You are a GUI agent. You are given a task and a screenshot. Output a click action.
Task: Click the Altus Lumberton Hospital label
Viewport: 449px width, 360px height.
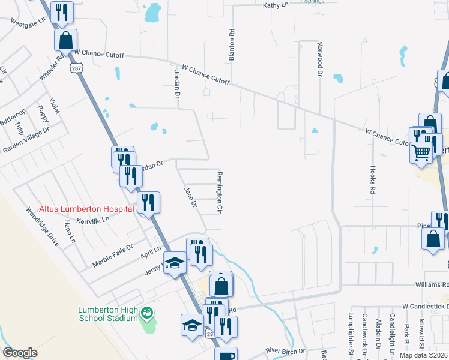[x=86, y=209]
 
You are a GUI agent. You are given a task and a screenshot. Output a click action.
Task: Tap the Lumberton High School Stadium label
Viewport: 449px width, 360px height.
[x=108, y=314]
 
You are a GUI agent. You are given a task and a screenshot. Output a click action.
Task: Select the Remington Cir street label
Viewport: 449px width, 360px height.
[x=220, y=193]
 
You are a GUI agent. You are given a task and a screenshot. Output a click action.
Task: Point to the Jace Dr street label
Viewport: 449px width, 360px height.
[x=190, y=196]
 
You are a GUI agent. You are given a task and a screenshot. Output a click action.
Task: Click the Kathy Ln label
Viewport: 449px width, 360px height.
[x=276, y=5]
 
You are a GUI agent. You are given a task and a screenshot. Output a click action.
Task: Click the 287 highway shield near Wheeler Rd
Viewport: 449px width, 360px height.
[x=76, y=68]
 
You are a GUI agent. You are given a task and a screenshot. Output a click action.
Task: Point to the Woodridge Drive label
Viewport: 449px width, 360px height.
[x=43, y=227]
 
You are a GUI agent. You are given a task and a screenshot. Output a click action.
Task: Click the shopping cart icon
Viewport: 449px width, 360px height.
[x=421, y=153]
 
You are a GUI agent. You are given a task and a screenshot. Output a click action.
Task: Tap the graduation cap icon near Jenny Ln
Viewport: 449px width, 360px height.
[x=175, y=263]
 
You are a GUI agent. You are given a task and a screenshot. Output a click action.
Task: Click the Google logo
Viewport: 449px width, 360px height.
[x=20, y=353]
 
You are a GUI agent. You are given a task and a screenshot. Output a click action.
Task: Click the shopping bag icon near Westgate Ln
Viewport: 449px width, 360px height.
[x=66, y=40]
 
